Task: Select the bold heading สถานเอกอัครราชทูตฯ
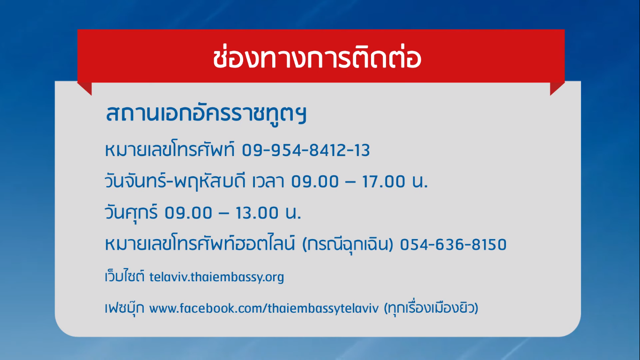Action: tap(206, 114)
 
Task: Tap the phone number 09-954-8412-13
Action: tap(306, 150)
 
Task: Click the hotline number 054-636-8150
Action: tap(453, 245)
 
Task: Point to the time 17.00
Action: tap(383, 182)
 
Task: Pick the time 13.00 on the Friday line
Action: tap(257, 213)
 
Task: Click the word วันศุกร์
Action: tap(131, 212)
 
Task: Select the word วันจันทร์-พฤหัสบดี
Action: tap(175, 181)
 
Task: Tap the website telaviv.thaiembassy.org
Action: tap(216, 277)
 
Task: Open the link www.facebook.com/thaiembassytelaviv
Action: tap(264, 308)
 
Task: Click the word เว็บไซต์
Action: tap(125, 276)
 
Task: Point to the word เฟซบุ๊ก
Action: tap(125, 307)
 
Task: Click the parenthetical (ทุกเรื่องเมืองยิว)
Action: tap(431, 308)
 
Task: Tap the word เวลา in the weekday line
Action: tap(268, 182)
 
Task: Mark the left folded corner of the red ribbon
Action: tap(85, 88)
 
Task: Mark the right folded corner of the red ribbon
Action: tap(557, 88)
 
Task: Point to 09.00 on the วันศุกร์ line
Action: tap(188, 213)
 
